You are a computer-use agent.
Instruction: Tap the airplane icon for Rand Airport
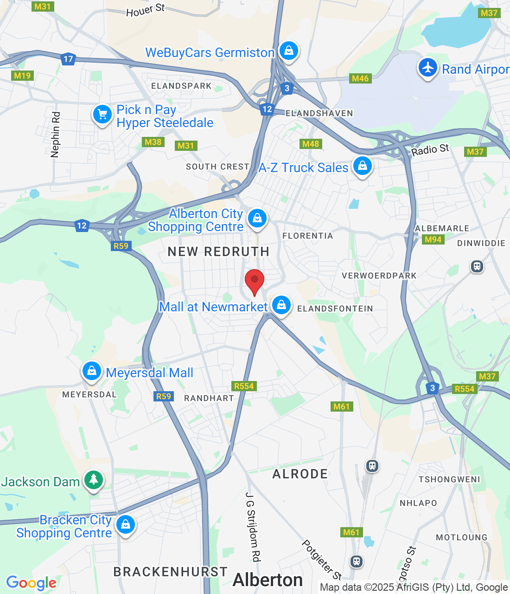(x=427, y=68)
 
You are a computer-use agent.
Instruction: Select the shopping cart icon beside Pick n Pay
(x=102, y=114)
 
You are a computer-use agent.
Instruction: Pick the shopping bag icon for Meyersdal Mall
(x=92, y=371)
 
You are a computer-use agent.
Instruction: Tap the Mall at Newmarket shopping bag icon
(x=281, y=305)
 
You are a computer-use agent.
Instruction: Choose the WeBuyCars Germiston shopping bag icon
(x=289, y=50)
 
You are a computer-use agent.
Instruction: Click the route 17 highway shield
(x=68, y=59)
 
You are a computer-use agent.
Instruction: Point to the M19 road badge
(x=22, y=76)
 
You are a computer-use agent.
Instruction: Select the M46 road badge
(x=360, y=78)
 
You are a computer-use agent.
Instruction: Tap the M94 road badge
(x=433, y=239)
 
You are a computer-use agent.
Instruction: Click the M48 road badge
(x=311, y=144)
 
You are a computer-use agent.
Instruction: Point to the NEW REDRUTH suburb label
(x=218, y=252)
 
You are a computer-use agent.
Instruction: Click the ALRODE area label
(x=300, y=474)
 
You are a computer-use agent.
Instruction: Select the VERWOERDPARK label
(x=379, y=276)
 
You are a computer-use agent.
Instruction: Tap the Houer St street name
(x=146, y=10)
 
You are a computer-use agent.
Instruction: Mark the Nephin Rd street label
(x=55, y=135)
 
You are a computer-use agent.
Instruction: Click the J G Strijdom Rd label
(x=253, y=527)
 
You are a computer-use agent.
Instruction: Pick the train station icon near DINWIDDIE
(x=477, y=266)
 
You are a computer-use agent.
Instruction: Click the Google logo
(x=32, y=583)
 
